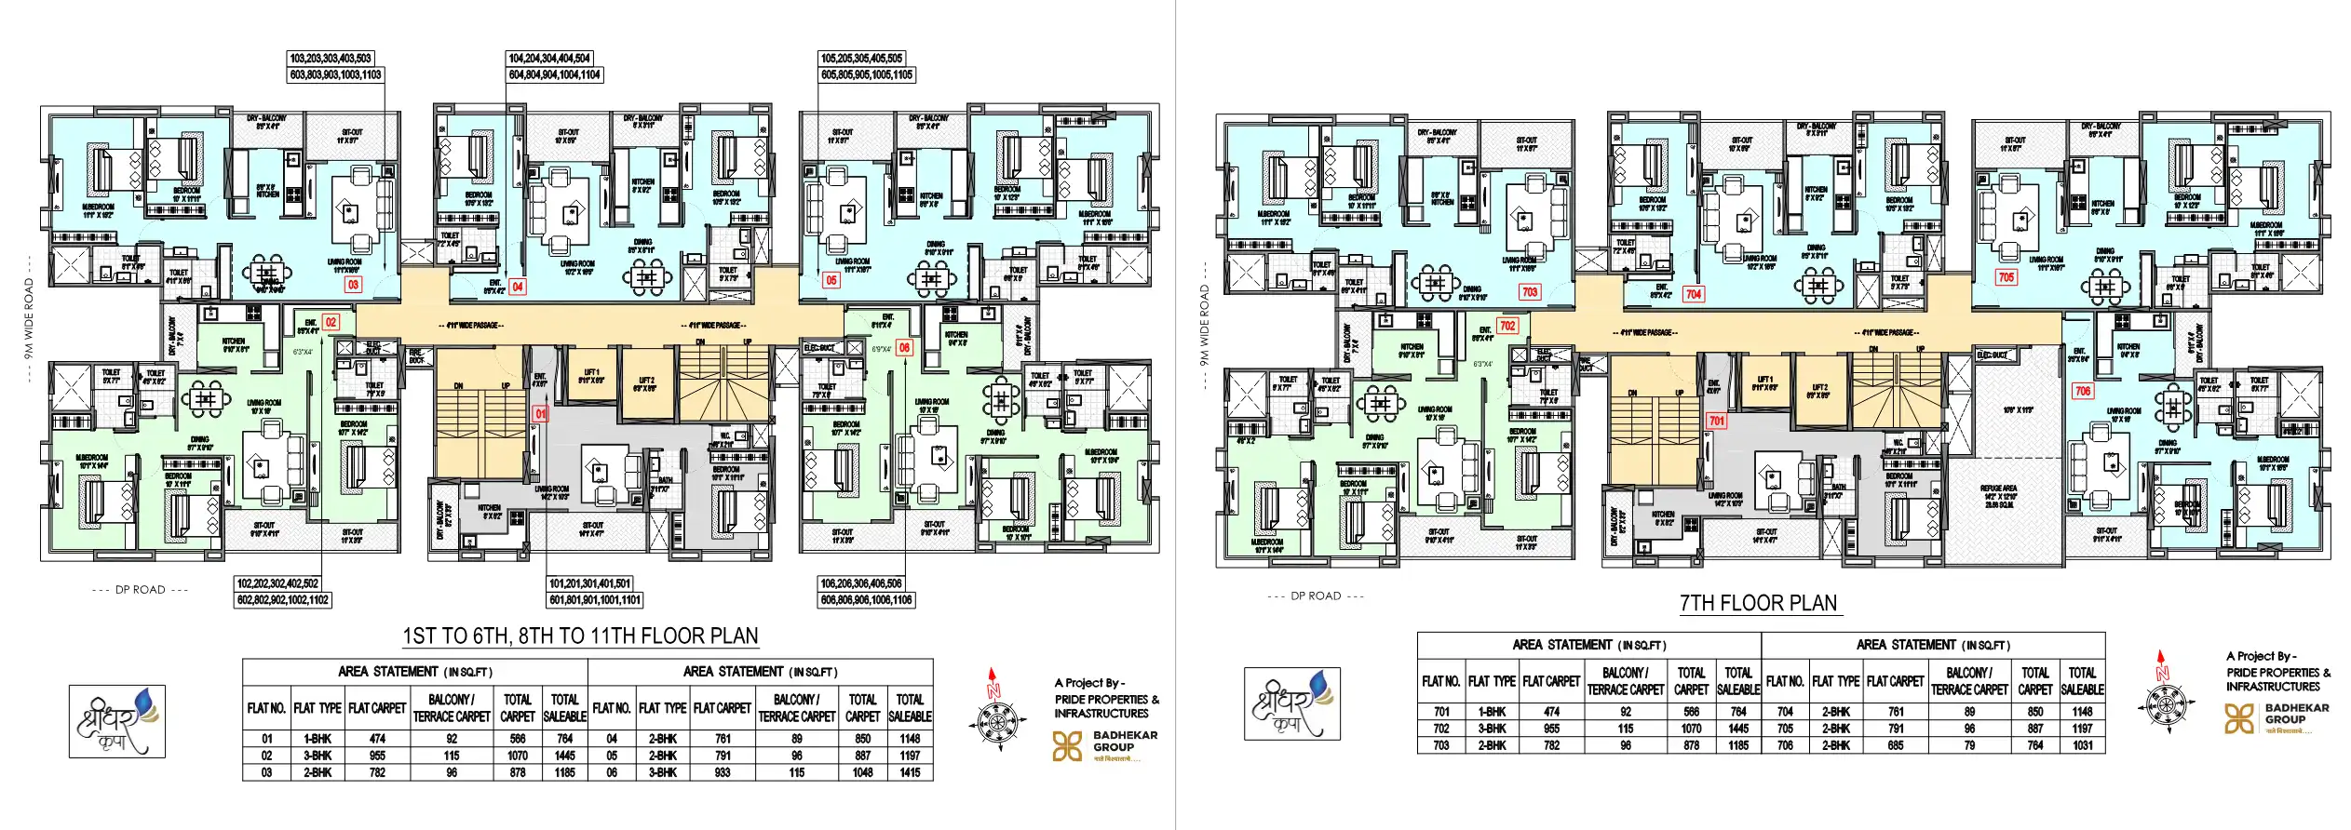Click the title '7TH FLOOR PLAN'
pyautogui.click(x=1758, y=603)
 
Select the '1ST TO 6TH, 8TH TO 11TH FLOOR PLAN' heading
pyautogui.click(x=580, y=636)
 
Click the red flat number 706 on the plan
pyautogui.click(x=2083, y=391)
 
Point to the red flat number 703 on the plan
pyautogui.click(x=1530, y=292)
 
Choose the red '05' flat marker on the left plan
pyautogui.click(x=831, y=279)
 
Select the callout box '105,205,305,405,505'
pyautogui.click(x=861, y=58)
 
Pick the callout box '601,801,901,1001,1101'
pyautogui.click(x=595, y=600)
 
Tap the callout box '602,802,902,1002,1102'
pyautogui.click(x=283, y=600)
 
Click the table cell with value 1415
pyautogui.click(x=910, y=772)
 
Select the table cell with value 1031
pyautogui.click(x=2082, y=745)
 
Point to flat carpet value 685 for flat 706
pyautogui.click(x=1895, y=745)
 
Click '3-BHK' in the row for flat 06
pyautogui.click(x=662, y=772)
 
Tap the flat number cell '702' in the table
pyautogui.click(x=1440, y=729)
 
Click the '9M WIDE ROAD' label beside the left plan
pyautogui.click(x=28, y=319)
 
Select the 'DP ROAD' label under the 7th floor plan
pyautogui.click(x=1316, y=596)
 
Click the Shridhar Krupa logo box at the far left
pyautogui.click(x=117, y=721)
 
